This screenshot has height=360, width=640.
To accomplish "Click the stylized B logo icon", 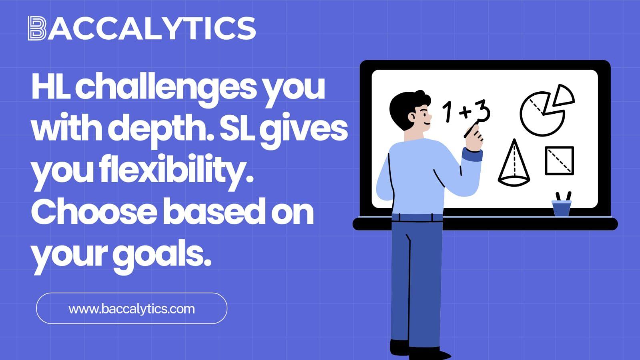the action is (x=37, y=28).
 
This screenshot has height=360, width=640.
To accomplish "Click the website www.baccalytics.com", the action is (x=131, y=309).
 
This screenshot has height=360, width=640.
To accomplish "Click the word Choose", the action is (x=94, y=213).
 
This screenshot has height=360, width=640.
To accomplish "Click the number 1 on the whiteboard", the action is (x=447, y=111).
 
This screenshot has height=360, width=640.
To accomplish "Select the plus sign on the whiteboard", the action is (x=465, y=112).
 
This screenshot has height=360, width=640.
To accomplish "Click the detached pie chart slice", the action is (x=564, y=96).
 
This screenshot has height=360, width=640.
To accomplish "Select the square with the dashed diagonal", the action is (x=560, y=161).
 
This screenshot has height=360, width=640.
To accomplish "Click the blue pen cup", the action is (x=562, y=208).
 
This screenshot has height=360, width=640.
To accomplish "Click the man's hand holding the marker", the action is (x=474, y=139).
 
